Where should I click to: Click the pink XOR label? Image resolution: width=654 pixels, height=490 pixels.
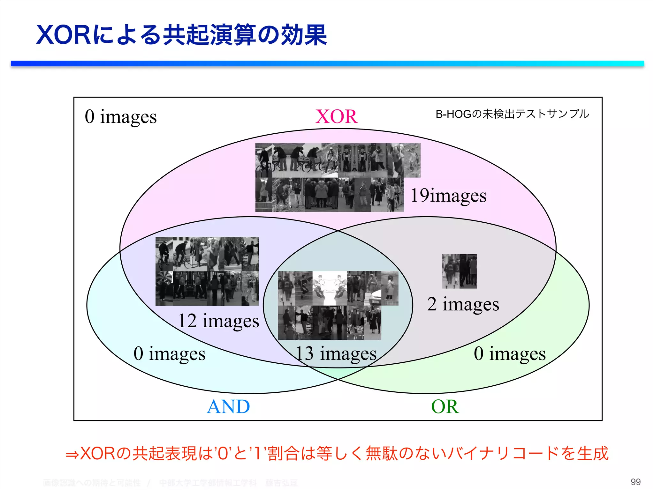[x=336, y=116]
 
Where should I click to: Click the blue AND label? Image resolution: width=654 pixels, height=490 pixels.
[x=228, y=407]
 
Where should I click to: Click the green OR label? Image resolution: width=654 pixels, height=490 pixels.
[x=445, y=407]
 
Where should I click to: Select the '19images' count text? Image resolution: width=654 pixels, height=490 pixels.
[x=448, y=195]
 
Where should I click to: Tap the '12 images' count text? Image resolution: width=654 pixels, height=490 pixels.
[x=218, y=321]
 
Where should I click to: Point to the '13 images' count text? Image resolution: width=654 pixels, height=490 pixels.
[x=336, y=354]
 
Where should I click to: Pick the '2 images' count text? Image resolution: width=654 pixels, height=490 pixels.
[x=463, y=304]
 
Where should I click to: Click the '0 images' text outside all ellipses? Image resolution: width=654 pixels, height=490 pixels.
[x=121, y=117]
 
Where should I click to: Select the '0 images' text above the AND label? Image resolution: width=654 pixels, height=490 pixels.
[x=170, y=354]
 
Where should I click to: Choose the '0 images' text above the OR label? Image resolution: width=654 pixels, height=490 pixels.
[x=510, y=354]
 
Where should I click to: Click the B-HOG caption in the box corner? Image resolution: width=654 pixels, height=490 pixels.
[x=512, y=114]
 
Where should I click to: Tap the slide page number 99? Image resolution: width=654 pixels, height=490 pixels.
[x=635, y=482]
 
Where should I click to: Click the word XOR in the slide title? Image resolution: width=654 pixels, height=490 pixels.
[x=64, y=35]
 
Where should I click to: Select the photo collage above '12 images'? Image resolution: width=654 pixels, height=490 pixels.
[x=207, y=271]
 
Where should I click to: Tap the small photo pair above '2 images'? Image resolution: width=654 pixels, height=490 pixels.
[x=459, y=271]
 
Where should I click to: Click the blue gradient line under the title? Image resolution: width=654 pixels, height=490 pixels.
[x=327, y=64]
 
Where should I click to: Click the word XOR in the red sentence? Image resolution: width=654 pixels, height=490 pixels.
[x=97, y=454]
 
